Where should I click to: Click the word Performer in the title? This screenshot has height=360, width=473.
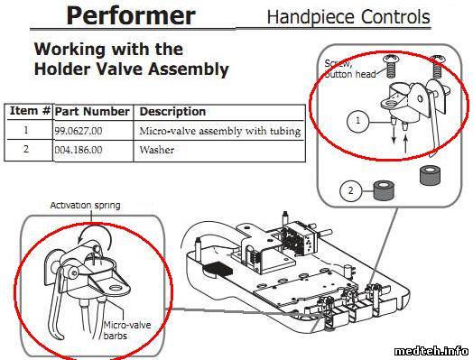click(131, 15)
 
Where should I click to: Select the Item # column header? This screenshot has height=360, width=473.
click(30, 111)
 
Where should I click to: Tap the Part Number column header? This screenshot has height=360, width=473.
click(92, 112)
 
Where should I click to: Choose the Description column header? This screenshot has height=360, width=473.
click(172, 112)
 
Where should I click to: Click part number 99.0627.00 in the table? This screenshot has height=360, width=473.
click(79, 131)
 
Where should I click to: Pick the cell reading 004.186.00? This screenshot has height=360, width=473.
click(79, 150)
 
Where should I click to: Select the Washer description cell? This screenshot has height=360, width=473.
click(157, 150)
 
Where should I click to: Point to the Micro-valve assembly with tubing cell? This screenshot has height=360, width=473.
click(220, 131)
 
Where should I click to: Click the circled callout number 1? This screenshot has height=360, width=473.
click(357, 121)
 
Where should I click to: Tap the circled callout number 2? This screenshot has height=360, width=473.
click(350, 191)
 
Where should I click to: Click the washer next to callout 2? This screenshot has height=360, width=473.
click(384, 190)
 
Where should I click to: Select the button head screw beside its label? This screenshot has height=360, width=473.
click(391, 67)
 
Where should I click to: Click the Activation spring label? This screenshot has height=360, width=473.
click(86, 206)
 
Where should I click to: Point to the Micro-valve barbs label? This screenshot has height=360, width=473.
click(127, 330)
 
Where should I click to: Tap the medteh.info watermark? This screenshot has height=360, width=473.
click(431, 351)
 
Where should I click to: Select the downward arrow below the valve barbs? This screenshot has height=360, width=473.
click(394, 135)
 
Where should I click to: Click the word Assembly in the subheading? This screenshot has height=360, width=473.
click(189, 69)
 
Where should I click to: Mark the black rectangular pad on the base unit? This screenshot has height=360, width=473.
click(218, 268)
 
